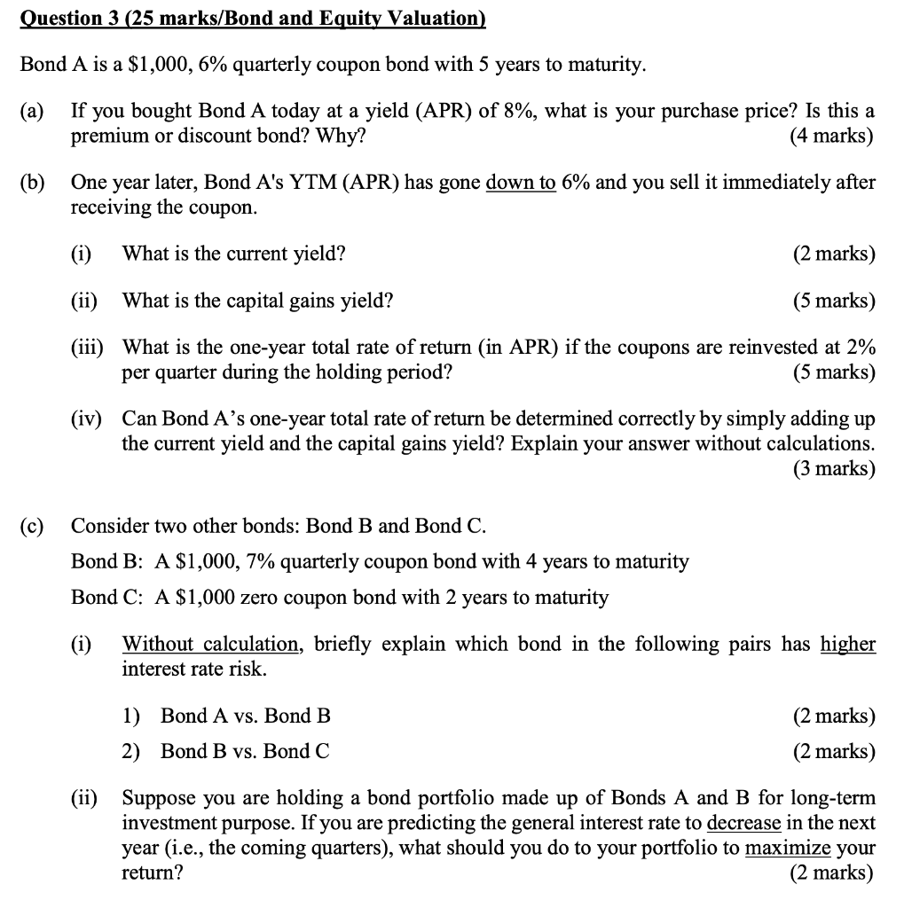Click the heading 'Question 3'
[x=75, y=20]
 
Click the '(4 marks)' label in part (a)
[x=830, y=137]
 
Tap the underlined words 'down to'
[x=521, y=184]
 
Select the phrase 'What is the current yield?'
[x=233, y=254]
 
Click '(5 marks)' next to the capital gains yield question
[x=833, y=301]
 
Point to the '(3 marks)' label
[x=833, y=468]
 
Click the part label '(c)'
[x=32, y=526]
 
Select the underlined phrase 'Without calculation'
[x=210, y=644]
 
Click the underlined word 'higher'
[x=847, y=644]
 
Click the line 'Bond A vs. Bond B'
[x=246, y=716]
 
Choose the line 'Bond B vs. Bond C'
[x=246, y=752]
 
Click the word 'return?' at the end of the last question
[x=152, y=873]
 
